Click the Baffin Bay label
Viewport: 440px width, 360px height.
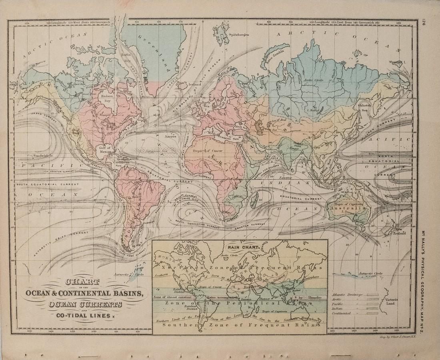(x=125, y=58)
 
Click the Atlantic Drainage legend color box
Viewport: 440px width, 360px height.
(x=372, y=295)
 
